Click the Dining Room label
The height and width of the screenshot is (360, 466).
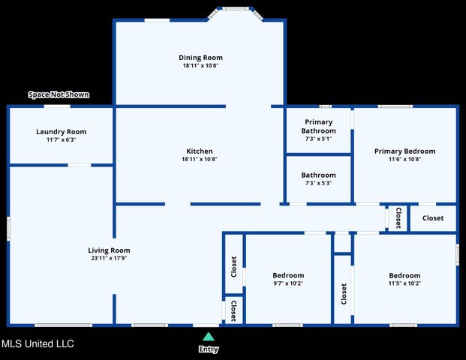click(200, 58)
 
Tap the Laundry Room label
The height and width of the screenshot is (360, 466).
click(61, 131)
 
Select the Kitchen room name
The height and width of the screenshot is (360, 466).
click(199, 151)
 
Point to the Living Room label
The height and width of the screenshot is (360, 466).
click(109, 250)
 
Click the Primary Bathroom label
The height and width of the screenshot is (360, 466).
click(318, 126)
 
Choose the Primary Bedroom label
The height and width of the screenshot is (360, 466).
click(404, 151)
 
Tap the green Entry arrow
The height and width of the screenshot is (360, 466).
click(208, 337)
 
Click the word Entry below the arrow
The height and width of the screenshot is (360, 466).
click(208, 349)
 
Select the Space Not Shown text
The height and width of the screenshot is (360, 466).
click(59, 94)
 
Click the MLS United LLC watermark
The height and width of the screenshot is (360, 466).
click(38, 344)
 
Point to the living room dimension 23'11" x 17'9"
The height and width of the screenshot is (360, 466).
click(109, 259)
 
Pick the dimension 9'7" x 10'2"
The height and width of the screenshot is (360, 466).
click(287, 283)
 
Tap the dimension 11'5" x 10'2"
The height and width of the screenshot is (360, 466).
click(404, 283)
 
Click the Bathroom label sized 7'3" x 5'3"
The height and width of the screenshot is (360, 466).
click(318, 175)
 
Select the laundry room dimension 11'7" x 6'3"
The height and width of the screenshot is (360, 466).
click(61, 139)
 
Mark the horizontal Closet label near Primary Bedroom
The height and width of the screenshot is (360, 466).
click(432, 218)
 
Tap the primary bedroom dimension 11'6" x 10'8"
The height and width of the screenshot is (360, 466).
click(404, 159)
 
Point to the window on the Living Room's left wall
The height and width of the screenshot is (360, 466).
click(8, 228)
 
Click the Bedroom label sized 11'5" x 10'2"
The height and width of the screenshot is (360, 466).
click(404, 275)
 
